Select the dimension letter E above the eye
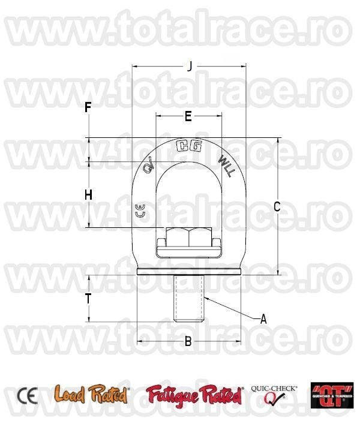[x=188, y=116]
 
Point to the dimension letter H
[x=88, y=195]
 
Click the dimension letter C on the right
[x=277, y=207]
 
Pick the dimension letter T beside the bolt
[x=88, y=299]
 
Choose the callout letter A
[x=263, y=320]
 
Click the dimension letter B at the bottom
[x=188, y=342]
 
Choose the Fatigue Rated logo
[x=194, y=395]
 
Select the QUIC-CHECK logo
[x=274, y=395]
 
